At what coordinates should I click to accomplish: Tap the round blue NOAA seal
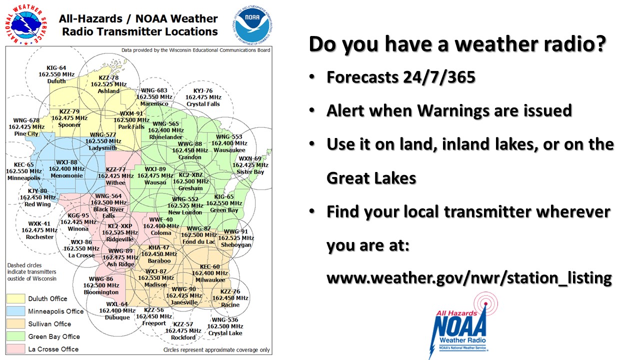pyautogui.click(x=252, y=25)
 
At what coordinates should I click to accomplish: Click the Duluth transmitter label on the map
pyautogui.click(x=56, y=81)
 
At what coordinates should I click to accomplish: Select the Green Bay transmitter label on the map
pyautogui.click(x=224, y=210)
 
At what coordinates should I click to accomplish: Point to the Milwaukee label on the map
pyautogui.click(x=210, y=280)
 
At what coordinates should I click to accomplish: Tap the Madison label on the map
pyautogui.click(x=155, y=284)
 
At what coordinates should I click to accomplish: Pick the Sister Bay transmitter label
pyautogui.click(x=250, y=171)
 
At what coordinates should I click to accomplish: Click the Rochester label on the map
pyautogui.click(x=39, y=237)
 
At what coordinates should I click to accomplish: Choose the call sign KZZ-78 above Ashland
pyautogui.click(x=108, y=77)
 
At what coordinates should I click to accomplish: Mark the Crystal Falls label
pyautogui.click(x=203, y=104)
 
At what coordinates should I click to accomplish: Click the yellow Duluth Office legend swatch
pyautogui.click(x=15, y=298)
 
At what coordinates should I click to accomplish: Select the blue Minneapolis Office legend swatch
pyautogui.click(x=15, y=311)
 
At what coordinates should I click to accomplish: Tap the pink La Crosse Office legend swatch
pyautogui.click(x=15, y=349)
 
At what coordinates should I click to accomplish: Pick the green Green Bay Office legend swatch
pyautogui.click(x=15, y=336)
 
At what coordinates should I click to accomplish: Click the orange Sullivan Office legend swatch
pyautogui.click(x=15, y=323)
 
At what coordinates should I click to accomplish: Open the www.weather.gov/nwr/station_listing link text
pyautogui.click(x=469, y=278)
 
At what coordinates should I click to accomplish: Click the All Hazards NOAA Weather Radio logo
pyautogui.click(x=463, y=325)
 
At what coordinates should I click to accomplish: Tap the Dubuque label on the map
pyautogui.click(x=117, y=317)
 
